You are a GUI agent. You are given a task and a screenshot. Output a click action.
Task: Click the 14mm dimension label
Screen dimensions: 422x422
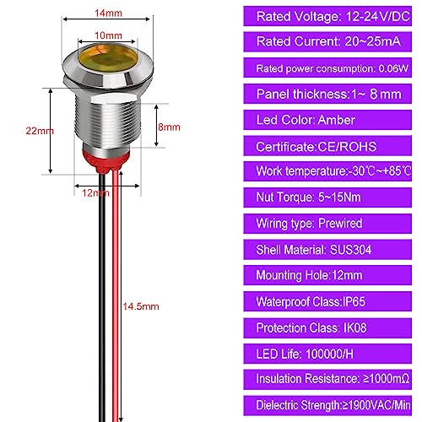pos(108,14)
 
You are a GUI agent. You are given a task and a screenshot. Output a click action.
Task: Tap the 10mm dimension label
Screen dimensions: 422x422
pos(108,35)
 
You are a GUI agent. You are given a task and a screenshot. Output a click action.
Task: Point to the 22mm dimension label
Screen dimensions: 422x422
pos(40,131)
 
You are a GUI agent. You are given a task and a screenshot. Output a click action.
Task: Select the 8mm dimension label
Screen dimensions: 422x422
pos(169,127)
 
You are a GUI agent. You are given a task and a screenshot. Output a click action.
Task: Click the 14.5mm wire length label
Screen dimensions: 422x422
pos(141,306)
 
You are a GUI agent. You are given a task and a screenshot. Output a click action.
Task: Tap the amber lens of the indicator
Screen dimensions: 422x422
pos(108,58)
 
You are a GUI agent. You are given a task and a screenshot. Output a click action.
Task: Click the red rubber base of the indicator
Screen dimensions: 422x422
pos(106,160)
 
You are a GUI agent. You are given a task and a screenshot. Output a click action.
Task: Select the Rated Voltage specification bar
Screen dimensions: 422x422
pos(327,16)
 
